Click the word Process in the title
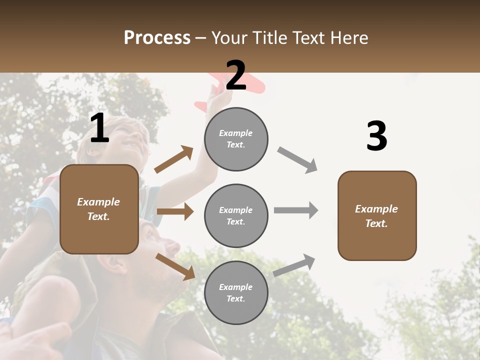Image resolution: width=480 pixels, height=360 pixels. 157,38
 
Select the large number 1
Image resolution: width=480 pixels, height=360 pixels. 99,128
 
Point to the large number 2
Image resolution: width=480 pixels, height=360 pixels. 236,75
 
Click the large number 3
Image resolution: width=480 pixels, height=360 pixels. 376,136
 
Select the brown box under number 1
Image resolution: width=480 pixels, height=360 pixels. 99,209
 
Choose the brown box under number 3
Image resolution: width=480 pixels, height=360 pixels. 376,215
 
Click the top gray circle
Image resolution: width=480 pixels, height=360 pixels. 236,139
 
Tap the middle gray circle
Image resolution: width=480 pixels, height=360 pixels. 236,215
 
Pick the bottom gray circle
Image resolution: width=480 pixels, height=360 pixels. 236,292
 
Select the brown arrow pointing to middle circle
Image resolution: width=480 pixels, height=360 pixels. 175,211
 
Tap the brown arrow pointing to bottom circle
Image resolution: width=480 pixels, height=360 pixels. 175,266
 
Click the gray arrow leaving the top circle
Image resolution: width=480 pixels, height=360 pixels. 297,159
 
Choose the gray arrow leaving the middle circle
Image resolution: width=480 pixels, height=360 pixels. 296,210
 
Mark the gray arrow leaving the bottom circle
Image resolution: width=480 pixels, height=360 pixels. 294,265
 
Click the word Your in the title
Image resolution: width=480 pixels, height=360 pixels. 231,38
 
